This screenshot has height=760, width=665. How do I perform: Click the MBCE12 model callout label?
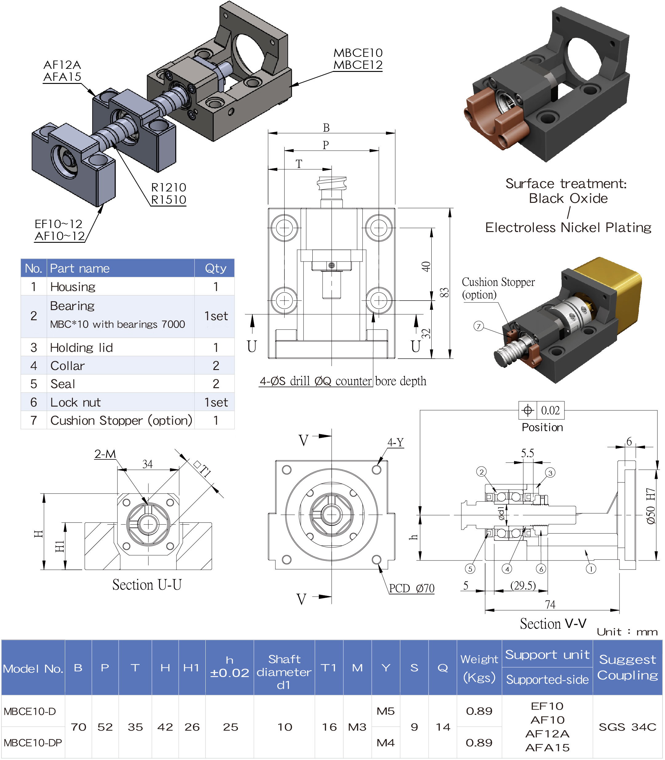pos(358,65)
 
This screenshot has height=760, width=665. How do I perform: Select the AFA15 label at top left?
pos(62,77)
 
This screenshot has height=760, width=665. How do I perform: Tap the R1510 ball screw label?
pos(168,199)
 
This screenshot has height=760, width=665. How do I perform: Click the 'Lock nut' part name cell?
pos(75,403)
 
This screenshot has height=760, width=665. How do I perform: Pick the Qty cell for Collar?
pos(216,366)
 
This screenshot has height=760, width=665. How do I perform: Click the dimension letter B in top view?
pos(326,128)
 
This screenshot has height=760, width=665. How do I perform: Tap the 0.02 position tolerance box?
pos(550,410)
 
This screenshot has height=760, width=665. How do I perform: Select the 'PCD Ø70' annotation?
pos(412,588)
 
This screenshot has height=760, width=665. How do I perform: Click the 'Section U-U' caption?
pos(147,585)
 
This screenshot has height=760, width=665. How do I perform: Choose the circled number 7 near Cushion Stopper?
pos(479,326)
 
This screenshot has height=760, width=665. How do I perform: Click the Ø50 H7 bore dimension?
pos(651,506)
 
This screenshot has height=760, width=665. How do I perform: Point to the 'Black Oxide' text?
pos(568,199)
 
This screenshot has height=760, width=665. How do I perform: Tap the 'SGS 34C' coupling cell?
pos(627,727)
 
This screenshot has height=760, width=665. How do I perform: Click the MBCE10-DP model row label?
pos(33,743)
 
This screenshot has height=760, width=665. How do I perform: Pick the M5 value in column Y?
pos(386,711)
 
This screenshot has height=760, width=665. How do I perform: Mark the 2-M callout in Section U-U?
pos(105,454)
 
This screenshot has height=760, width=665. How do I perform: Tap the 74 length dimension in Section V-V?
pos(550,604)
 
